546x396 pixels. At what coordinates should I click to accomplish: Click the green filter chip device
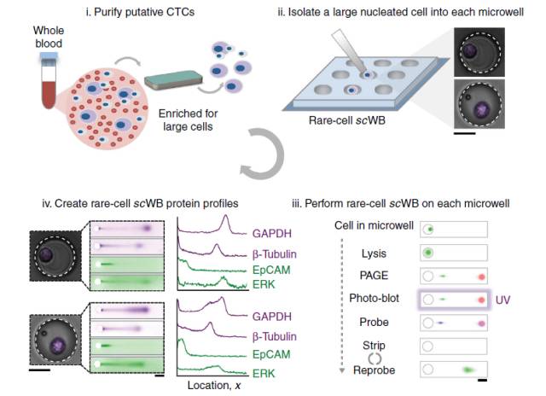(174, 84)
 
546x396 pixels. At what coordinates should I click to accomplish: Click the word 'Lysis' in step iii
(374, 253)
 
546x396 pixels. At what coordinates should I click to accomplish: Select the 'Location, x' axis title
(223, 386)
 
